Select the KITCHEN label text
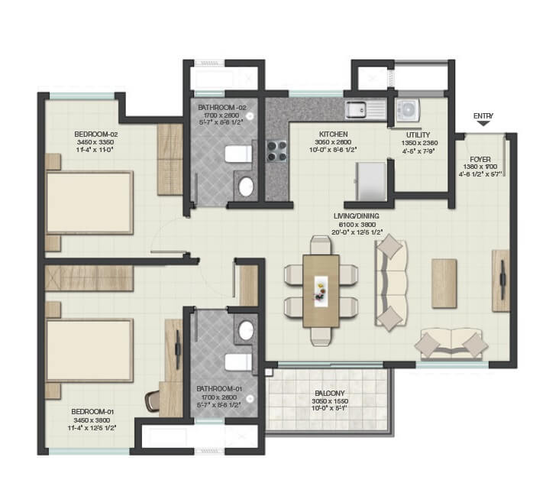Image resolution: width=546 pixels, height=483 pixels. click(334, 133)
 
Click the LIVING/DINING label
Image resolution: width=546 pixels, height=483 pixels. click(372, 216)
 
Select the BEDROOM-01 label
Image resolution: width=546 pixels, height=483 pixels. click(89, 413)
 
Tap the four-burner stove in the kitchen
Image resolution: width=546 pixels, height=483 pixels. click(274, 151)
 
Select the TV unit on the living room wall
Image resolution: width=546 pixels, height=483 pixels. click(501, 280)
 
